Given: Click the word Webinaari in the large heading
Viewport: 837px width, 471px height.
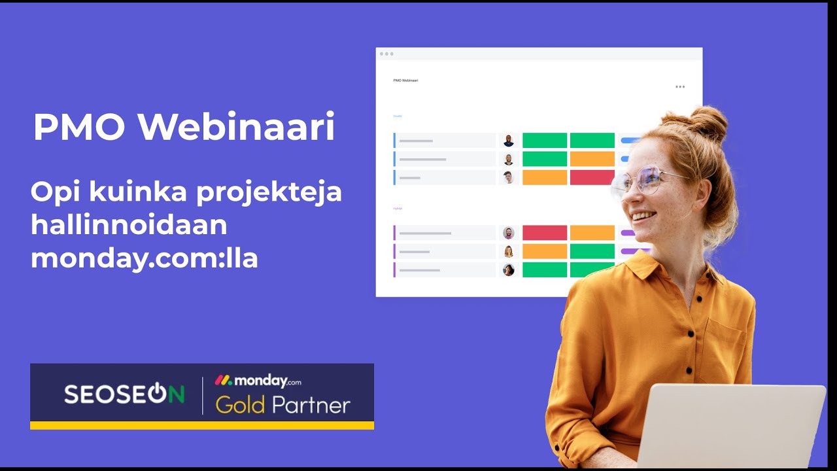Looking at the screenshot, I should [236, 127].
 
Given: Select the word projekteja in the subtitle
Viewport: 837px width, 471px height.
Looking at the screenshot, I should [269, 194].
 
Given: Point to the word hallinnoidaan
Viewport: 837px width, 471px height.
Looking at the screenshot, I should [129, 225].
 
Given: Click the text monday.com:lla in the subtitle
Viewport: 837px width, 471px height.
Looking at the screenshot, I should [145, 258].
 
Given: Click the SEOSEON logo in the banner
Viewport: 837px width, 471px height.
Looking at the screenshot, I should [124, 394].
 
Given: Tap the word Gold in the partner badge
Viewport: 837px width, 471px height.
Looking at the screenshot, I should [240, 406].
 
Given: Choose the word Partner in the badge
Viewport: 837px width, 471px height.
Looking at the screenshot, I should [311, 406].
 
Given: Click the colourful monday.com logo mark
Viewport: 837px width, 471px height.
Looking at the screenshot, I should [223, 380].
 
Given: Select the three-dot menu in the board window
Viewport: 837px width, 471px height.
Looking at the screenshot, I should [680, 87].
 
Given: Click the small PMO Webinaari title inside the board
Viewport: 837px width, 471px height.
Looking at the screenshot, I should [405, 80].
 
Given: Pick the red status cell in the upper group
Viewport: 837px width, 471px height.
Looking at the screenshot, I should [592, 177].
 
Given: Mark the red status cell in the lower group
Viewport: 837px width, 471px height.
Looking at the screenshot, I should [545, 233].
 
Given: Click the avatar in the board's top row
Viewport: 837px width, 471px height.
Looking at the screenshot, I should [509, 141].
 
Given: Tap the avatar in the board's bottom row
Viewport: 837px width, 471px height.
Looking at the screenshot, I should [509, 270].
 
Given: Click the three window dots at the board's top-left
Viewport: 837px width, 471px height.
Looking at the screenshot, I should [386, 54].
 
